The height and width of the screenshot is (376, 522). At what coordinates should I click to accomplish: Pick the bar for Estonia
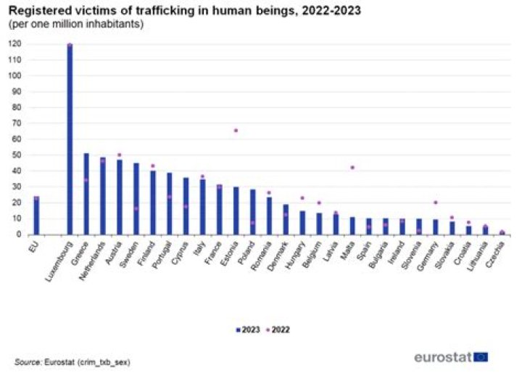click(x=236, y=211)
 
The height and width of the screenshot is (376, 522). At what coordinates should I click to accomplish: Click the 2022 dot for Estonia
click(x=236, y=131)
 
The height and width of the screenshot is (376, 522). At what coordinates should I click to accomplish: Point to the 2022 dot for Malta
click(x=352, y=168)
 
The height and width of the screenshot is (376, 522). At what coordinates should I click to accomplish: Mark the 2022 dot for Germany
click(x=435, y=203)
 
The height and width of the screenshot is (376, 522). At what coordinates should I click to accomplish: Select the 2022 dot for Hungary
click(x=302, y=197)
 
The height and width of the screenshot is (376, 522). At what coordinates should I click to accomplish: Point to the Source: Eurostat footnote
click(x=72, y=361)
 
